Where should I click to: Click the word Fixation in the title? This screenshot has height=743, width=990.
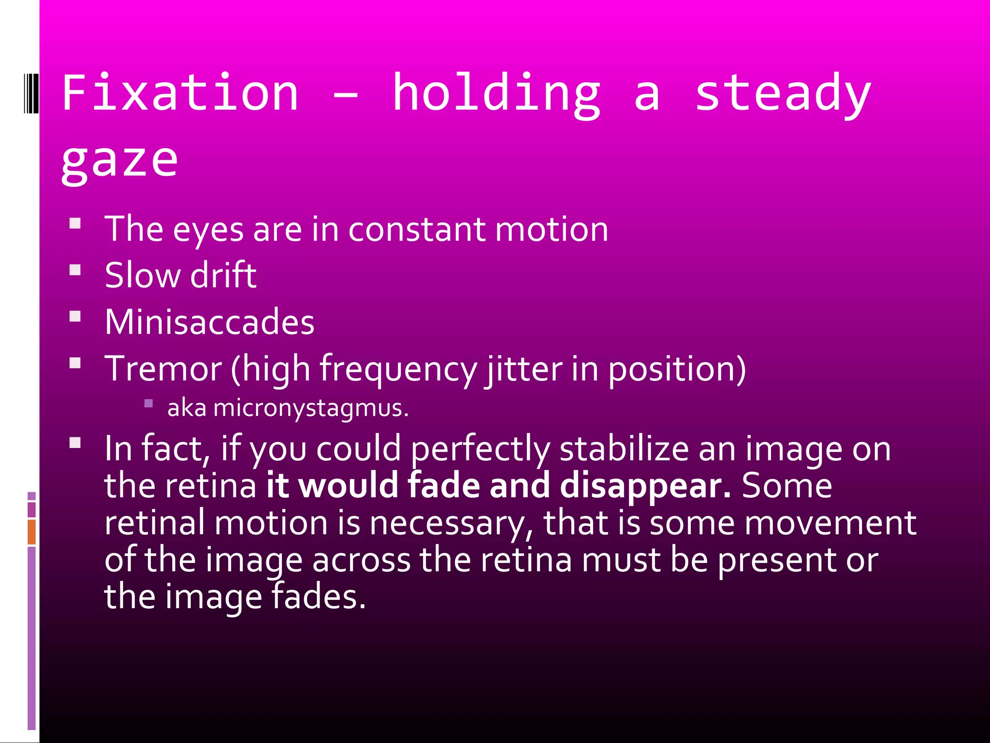point(180,93)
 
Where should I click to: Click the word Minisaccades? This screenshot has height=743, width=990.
point(209,322)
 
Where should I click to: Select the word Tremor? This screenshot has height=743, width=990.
point(163,369)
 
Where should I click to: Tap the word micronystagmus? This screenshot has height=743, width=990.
point(311,408)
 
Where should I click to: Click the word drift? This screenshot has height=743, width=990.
point(223,275)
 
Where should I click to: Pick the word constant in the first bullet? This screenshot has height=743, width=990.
point(417,229)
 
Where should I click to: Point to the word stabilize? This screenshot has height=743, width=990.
point(624,449)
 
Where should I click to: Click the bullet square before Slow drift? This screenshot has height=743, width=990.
point(75,269)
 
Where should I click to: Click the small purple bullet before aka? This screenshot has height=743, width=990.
point(148,403)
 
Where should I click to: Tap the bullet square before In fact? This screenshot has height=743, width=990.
point(75,443)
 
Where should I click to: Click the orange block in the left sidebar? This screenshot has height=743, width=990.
point(31,532)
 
